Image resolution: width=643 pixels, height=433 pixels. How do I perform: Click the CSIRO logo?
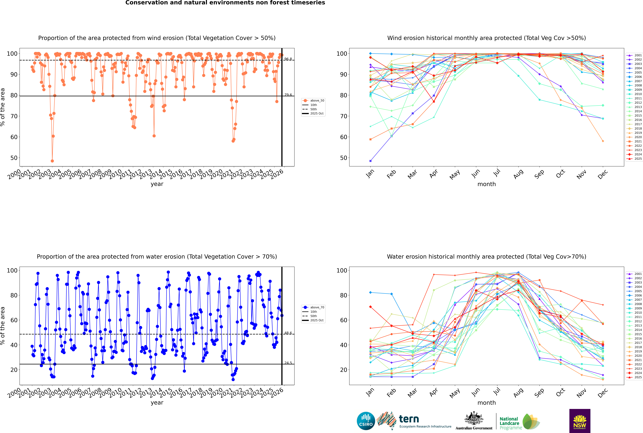click(x=366, y=421)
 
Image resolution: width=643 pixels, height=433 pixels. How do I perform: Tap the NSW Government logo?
click(x=580, y=421)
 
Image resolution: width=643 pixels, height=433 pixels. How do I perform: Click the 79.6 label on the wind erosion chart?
click(x=288, y=95)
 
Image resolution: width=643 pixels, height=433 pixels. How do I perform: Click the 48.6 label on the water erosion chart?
click(x=288, y=333)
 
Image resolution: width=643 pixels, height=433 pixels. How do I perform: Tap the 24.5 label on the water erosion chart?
click(x=288, y=363)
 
